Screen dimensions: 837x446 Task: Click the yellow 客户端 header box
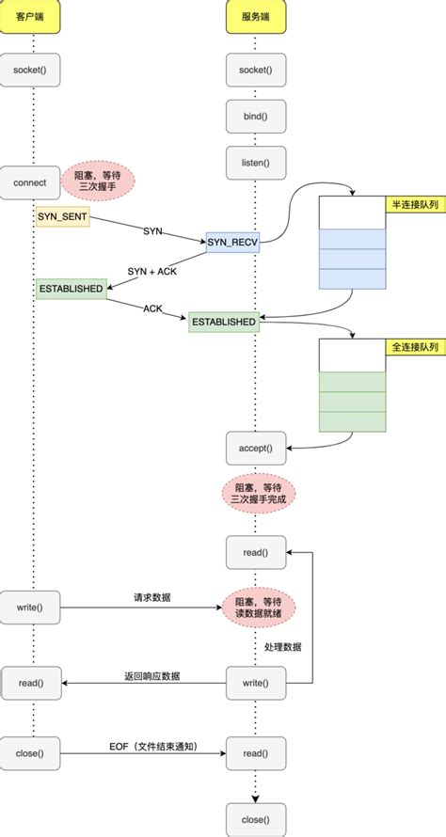pyautogui.click(x=32, y=19)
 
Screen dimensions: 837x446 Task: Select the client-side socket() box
pyautogui.click(x=32, y=71)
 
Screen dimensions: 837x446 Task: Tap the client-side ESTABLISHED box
pyautogui.click(x=70, y=289)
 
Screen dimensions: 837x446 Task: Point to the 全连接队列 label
pyautogui.click(x=414, y=347)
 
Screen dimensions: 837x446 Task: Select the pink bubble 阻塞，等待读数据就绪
pyautogui.click(x=258, y=608)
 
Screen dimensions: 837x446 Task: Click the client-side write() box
pyautogui.click(x=32, y=608)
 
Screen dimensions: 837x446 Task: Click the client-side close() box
pyautogui.click(x=32, y=753)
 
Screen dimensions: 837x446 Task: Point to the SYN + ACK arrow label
pyautogui.click(x=153, y=272)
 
